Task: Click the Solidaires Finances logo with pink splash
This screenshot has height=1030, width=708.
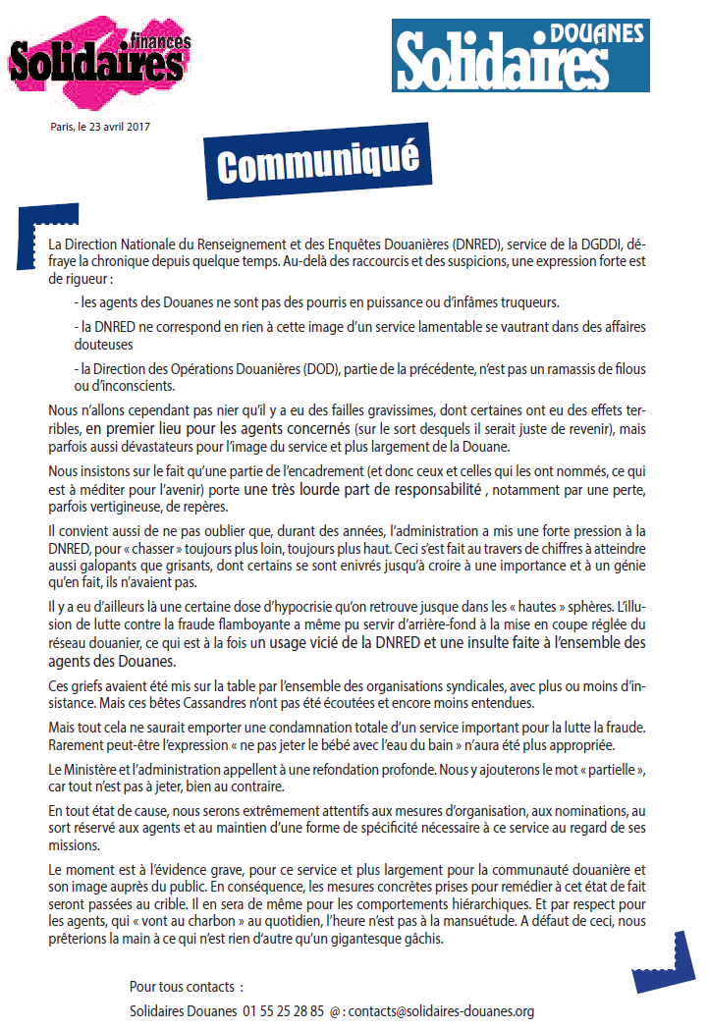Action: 98,61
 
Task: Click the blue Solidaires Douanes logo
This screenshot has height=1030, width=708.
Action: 519,55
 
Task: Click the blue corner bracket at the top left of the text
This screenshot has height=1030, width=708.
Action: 36,232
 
